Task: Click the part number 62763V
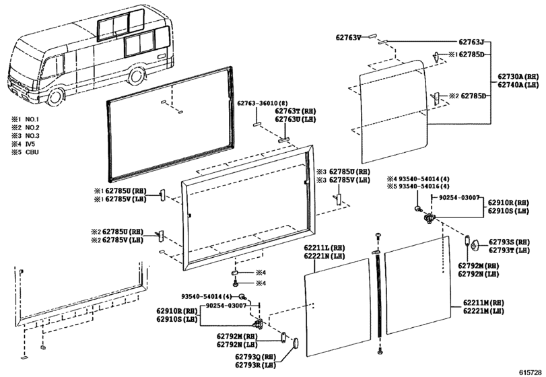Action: coord(348,37)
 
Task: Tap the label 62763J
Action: coord(471,42)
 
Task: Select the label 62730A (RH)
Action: coord(518,77)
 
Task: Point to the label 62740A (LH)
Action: coord(518,85)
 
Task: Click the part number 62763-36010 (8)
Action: coord(258,104)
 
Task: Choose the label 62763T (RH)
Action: coord(296,111)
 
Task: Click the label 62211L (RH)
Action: coord(325,248)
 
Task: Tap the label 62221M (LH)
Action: coord(483,311)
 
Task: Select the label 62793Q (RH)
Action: coord(255,357)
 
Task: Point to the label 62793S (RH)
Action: coord(509,242)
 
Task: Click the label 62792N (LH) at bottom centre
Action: coord(237,345)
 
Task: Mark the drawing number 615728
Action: coord(531,372)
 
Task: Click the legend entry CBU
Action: coord(32,152)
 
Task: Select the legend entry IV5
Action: coord(30,144)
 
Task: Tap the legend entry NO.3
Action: coord(32,136)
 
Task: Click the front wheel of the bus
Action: coord(55,97)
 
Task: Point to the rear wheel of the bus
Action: coord(137,77)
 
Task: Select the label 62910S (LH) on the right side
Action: coord(508,211)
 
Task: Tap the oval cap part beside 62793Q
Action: coord(295,343)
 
